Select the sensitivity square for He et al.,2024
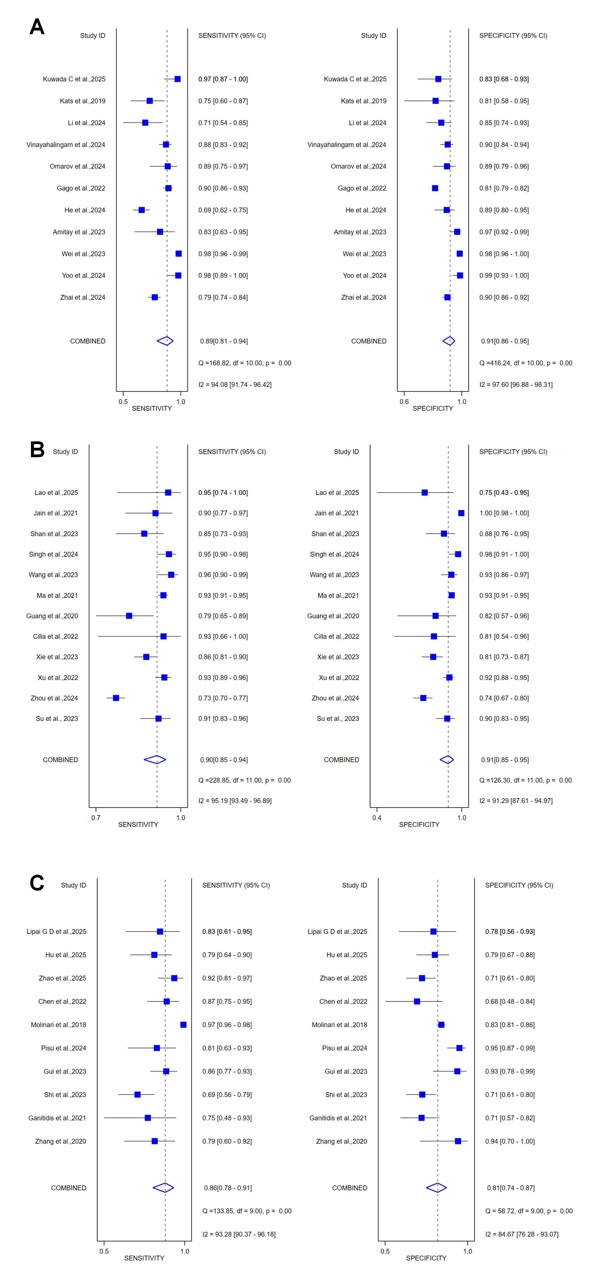click(x=142, y=210)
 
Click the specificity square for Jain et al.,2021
click(x=461, y=513)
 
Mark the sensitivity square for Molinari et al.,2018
click(x=184, y=1025)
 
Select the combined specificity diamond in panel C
click(x=436, y=1188)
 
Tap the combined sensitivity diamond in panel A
click(x=165, y=341)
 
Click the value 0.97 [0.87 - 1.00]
click(x=223, y=79)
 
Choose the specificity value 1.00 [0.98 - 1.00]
click(x=504, y=513)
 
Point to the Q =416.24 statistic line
click(x=525, y=363)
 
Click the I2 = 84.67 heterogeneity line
click(x=521, y=1234)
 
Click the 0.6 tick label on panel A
click(x=404, y=401)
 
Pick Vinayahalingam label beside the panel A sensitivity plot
click(x=66, y=145)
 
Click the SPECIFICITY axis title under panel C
click(x=426, y=1258)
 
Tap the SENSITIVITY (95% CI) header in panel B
click(x=232, y=452)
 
